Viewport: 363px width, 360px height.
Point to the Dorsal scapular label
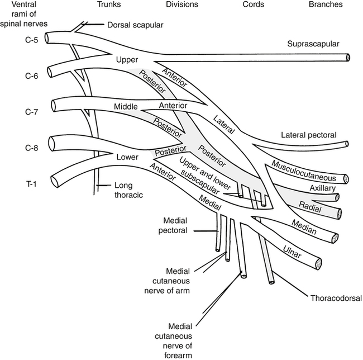click(x=135, y=25)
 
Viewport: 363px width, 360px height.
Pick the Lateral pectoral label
click(x=309, y=135)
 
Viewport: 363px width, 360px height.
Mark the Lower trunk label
click(x=127, y=157)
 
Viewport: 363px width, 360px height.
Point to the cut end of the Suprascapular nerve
click(x=348, y=57)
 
